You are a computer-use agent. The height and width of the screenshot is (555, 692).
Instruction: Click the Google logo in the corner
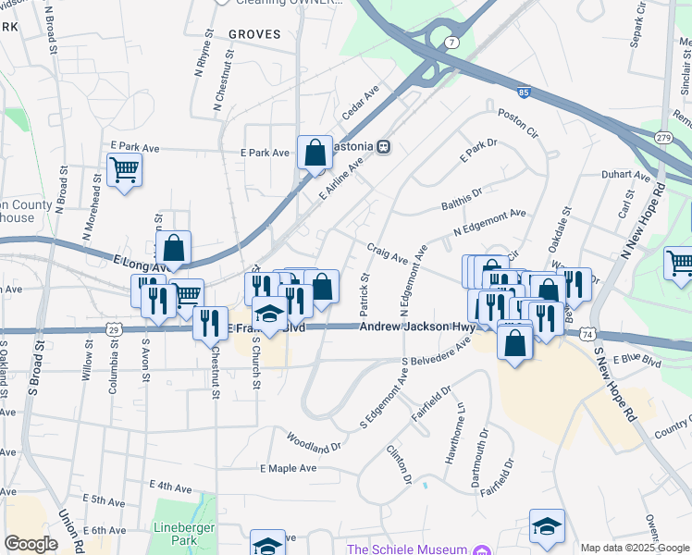31,544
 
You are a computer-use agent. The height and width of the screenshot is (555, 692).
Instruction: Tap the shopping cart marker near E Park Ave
124,169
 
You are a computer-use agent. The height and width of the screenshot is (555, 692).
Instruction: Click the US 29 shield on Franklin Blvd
114,328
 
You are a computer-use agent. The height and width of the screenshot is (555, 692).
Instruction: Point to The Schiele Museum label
407,549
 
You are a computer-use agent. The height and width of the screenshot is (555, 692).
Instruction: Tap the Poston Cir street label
517,119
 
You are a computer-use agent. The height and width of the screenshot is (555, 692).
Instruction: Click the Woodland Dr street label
314,440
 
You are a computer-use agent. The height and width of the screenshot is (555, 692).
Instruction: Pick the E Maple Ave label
288,468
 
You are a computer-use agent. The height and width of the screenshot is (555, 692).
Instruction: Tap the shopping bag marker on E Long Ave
173,248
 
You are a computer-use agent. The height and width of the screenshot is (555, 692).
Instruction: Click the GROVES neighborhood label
253,34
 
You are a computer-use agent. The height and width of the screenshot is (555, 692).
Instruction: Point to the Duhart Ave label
625,174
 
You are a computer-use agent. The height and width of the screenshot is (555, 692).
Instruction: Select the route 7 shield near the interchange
451,43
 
